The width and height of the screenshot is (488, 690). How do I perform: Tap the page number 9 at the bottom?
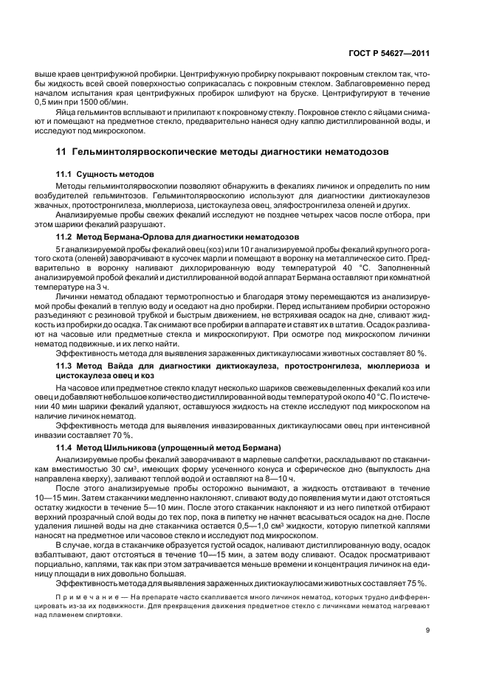(427, 630)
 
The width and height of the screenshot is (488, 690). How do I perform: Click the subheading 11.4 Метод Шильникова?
(168, 447)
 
